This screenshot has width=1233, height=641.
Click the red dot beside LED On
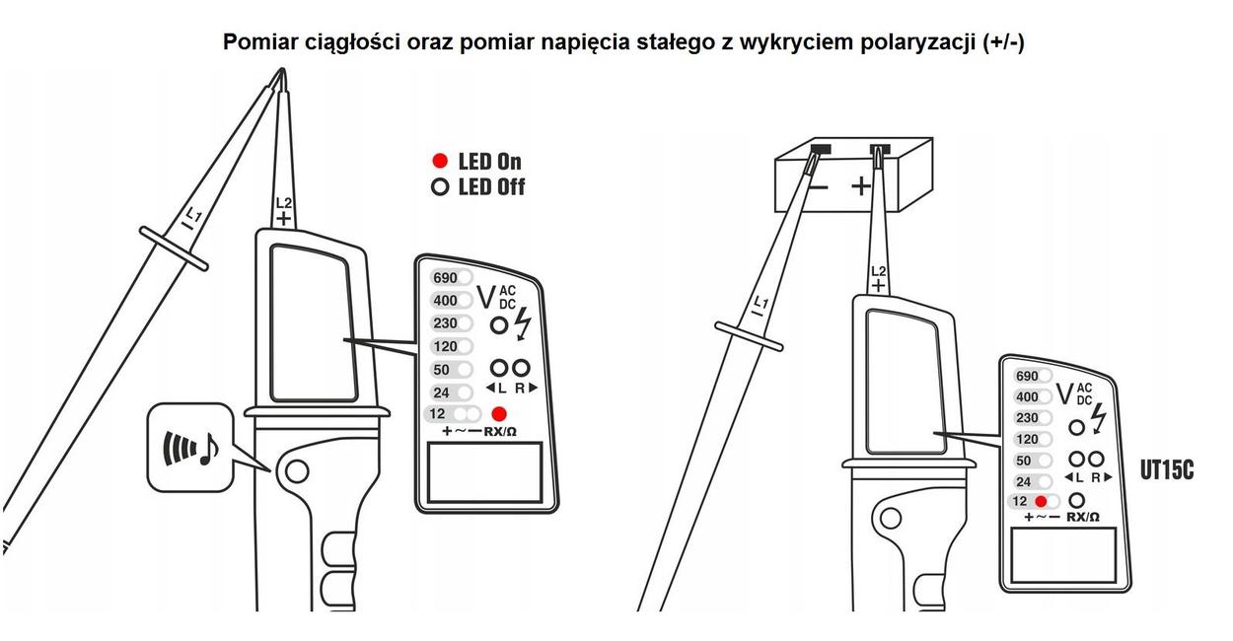tap(440, 161)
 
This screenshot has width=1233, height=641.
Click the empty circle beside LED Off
tap(440, 187)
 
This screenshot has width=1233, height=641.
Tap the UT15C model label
tap(1167, 470)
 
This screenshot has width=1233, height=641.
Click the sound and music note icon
tap(191, 448)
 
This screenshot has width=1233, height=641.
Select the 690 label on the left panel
tap(445, 278)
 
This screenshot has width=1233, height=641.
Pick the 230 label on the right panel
tap(1027, 417)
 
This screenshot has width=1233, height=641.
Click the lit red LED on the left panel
tap(499, 414)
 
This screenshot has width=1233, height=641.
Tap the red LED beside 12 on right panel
tap(1041, 501)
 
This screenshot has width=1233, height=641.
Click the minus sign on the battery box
tap(819, 187)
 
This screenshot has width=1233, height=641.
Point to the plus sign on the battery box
tap(861, 186)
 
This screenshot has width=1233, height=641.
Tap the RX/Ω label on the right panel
tap(1083, 517)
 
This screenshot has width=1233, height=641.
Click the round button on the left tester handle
tap(297, 471)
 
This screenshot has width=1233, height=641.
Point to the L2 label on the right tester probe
tap(879, 271)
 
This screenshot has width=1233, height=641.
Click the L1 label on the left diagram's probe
tap(193, 214)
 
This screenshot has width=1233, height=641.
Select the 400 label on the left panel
tap(445, 301)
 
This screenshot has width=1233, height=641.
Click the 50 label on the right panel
tap(1023, 461)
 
